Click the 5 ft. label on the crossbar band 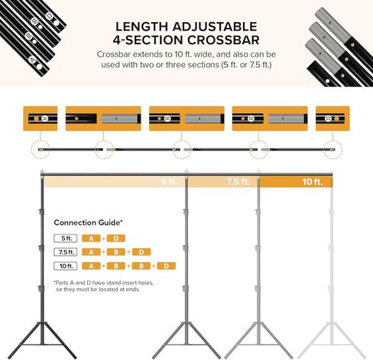tap(168, 182)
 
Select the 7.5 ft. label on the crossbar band tap(238, 182)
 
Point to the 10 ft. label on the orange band tap(312, 182)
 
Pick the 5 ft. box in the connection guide tap(63, 238)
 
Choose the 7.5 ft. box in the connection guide tap(63, 251)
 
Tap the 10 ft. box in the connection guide tap(63, 265)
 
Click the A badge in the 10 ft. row tap(91, 265)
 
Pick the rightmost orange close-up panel tap(332, 119)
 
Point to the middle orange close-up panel tap(186, 119)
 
